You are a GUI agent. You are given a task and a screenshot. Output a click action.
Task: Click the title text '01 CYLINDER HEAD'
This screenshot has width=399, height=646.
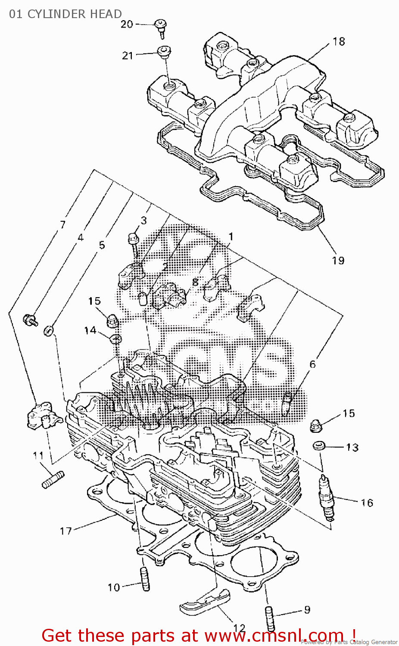65,14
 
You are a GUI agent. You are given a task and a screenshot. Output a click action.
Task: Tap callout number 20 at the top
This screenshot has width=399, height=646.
127,24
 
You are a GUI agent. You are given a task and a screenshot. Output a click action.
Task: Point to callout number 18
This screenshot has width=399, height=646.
339,41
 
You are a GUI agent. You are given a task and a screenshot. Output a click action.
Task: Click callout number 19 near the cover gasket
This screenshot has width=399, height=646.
338,261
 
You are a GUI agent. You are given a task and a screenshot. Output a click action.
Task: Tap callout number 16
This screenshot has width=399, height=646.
367,503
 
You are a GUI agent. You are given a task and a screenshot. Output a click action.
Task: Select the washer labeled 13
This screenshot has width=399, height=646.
319,445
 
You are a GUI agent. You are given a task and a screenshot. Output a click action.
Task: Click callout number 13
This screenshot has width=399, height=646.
352,447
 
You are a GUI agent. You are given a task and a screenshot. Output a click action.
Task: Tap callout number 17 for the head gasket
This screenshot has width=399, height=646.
65,531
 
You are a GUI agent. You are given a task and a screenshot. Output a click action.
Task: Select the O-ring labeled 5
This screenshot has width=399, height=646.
49,331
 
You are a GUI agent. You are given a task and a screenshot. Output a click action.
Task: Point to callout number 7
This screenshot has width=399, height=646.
63,224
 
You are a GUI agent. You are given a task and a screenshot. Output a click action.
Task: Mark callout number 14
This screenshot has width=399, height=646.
90,330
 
